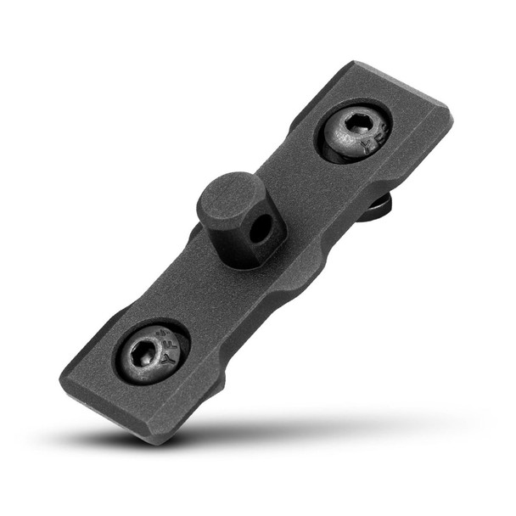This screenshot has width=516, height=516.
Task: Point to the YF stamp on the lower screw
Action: tap(169, 360)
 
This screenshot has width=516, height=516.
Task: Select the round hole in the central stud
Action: tap(265, 227)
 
